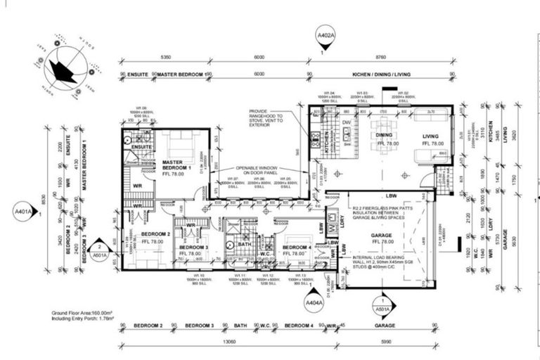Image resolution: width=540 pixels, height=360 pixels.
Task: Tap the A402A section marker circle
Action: coord(322,35)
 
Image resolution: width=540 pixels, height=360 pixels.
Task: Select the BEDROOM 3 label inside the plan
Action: coord(193,247)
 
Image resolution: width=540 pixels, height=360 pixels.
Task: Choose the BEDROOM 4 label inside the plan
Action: coord(297,247)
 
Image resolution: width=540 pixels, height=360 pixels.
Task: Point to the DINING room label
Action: coord(383,136)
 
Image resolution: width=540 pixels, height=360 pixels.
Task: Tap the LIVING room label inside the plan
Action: coord(430,136)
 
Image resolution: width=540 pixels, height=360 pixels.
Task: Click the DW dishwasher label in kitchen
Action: coord(346,122)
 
